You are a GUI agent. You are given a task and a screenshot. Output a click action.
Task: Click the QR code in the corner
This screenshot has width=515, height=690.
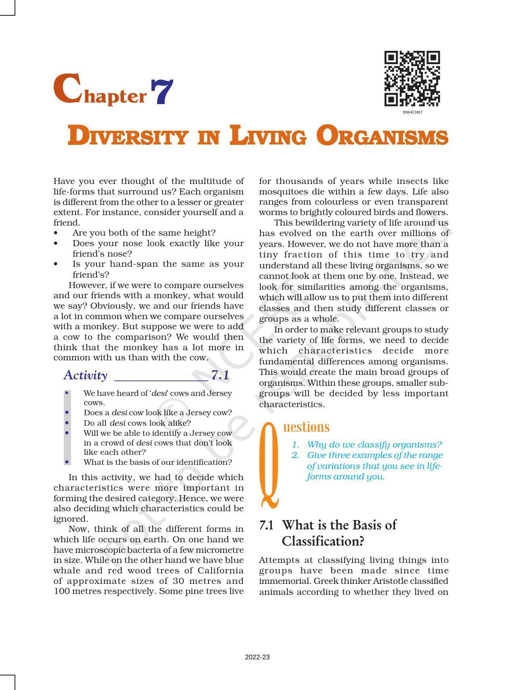412,79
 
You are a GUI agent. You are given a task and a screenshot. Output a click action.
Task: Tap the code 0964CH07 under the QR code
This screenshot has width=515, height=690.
412,112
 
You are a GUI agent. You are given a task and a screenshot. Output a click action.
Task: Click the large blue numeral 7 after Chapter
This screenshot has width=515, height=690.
162,92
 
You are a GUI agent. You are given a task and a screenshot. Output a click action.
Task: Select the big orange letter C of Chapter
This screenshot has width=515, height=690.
67,89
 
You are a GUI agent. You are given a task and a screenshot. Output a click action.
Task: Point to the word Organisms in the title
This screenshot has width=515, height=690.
382,136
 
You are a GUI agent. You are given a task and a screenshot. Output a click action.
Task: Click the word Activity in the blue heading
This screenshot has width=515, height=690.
85,375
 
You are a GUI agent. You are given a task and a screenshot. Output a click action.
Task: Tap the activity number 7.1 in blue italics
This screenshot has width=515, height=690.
220,375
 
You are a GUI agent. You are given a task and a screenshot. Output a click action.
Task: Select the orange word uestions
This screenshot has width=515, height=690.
306,427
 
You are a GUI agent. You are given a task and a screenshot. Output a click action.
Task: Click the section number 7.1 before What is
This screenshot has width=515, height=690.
266,525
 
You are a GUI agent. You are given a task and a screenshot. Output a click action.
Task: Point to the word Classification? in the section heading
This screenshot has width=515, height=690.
323,541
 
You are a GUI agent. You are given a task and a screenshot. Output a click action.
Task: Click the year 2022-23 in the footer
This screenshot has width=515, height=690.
257,657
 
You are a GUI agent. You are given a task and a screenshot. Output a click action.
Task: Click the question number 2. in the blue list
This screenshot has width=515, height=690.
295,455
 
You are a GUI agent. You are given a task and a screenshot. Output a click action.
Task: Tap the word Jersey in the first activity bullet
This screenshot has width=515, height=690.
219,393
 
